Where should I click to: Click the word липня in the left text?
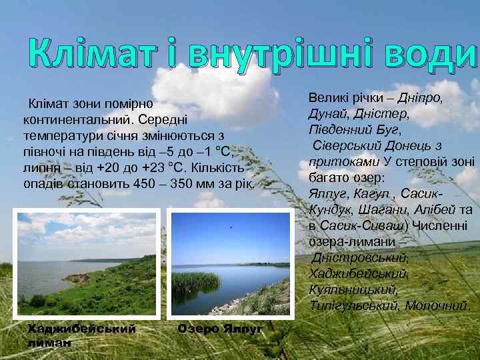point(39,167)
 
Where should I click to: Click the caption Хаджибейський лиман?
point(81,334)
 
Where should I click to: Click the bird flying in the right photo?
point(231,227)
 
